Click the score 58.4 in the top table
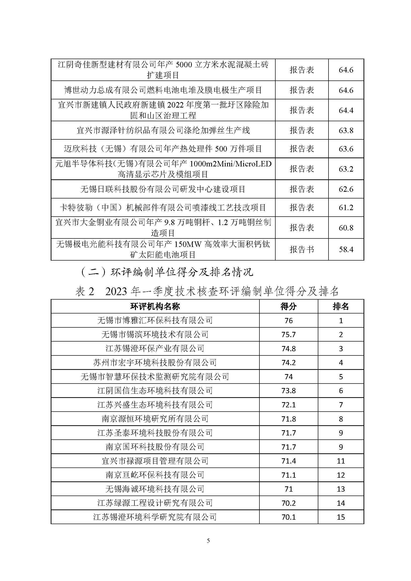[x=346, y=249]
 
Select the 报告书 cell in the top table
[x=302, y=249]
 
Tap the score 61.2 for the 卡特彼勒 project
[x=346, y=207]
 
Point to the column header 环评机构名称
[x=155, y=307]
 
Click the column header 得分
[x=288, y=307]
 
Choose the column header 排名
[x=341, y=307]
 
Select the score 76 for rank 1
[x=288, y=321]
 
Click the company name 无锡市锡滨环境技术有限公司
[x=155, y=335]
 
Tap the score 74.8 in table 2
[x=288, y=349]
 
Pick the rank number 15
[x=341, y=517]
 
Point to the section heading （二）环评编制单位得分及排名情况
[x=167, y=272]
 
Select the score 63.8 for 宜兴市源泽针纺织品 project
[x=346, y=130]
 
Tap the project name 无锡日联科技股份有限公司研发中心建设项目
[x=163, y=189]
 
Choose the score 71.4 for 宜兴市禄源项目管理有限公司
[x=288, y=461]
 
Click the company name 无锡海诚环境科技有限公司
[x=155, y=489]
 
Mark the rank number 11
[x=341, y=461]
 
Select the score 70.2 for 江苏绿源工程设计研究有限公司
[x=288, y=503]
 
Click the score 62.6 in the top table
[x=346, y=189]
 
